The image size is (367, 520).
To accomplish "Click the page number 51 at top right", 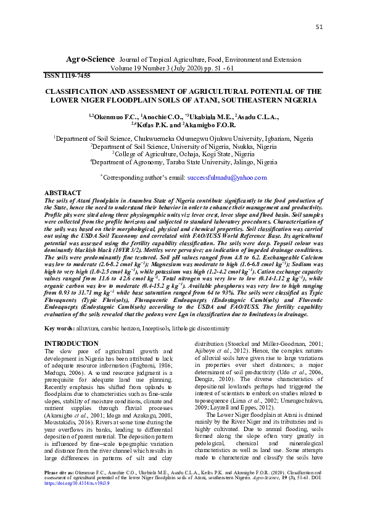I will pyautogui.click(x=319, y=27).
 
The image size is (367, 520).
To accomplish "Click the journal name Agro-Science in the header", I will pyautogui.click(x=90, y=59).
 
